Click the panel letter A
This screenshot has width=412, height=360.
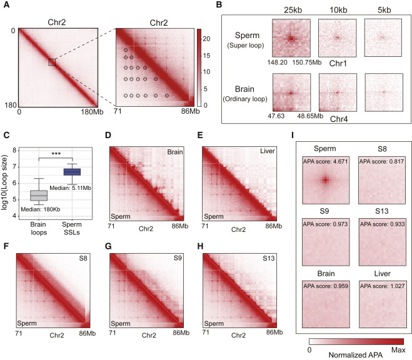[x=6, y=5]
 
